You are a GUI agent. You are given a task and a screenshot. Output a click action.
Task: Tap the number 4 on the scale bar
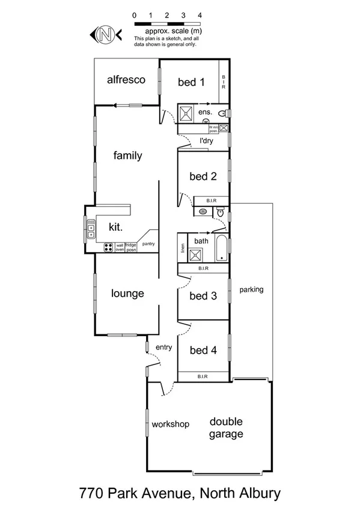pyautogui.click(x=200, y=14)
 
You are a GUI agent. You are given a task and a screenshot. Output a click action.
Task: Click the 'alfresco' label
pyautogui.click(x=126, y=80)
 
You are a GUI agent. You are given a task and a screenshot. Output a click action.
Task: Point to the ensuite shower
pyautogui.click(x=185, y=113)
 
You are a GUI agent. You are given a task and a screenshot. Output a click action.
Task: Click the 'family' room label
pyautogui.click(x=127, y=156)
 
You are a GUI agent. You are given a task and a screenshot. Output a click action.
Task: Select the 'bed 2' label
pyautogui.click(x=203, y=177)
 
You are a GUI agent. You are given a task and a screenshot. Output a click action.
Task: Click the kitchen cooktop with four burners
pyautogui.click(x=109, y=247)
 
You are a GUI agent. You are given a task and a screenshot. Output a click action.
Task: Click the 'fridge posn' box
pyautogui.click(x=130, y=247)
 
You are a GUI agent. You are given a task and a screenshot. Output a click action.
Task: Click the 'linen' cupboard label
pyautogui.click(x=182, y=247)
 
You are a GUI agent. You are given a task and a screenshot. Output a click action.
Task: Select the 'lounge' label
pyautogui.click(x=127, y=293)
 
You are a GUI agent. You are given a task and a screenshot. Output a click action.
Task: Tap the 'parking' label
pyautogui.click(x=251, y=289)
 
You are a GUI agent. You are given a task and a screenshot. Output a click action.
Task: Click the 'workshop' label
pyautogui.click(x=170, y=424)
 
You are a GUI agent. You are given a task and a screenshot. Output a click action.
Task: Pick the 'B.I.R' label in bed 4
pyautogui.click(x=203, y=376)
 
